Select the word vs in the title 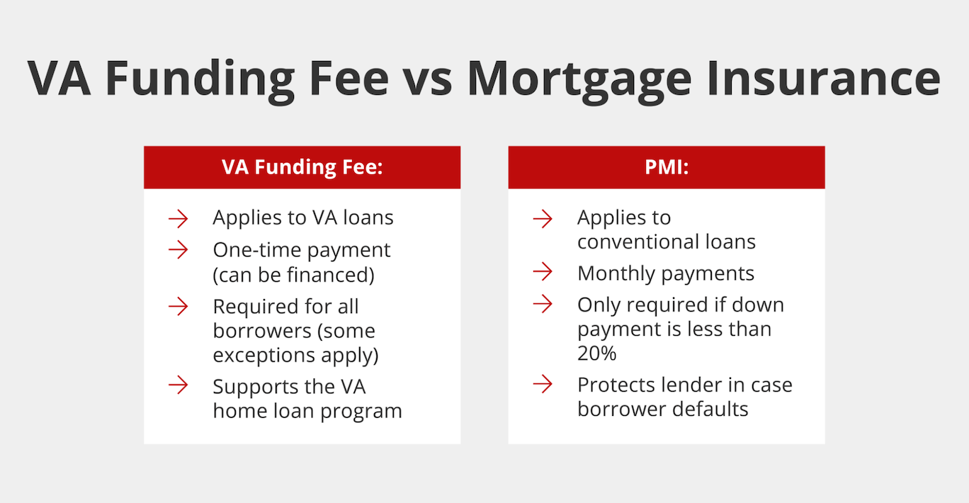pos(427,79)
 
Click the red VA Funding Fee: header pos(302,167)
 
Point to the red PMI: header pos(666,167)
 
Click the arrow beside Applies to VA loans pos(178,218)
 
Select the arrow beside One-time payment pos(178,250)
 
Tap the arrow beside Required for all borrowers pos(178,307)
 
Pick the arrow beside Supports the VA pos(178,386)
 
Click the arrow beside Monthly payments pos(543,273)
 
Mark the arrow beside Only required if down pos(543,305)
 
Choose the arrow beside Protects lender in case pos(543,385)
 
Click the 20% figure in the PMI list pos(597,353)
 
